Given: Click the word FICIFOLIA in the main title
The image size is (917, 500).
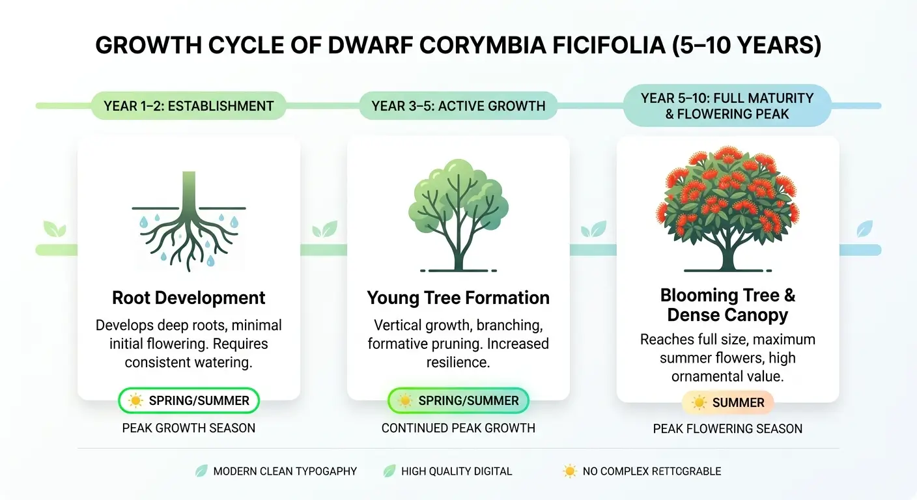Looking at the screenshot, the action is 609,45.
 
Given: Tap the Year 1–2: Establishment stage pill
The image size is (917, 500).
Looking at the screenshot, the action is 188,106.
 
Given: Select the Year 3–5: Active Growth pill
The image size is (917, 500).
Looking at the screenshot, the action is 458,106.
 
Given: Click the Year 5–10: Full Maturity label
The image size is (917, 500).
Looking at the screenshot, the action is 727,105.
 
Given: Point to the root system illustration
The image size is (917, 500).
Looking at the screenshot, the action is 189,221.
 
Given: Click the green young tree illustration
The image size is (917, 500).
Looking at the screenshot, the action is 458,215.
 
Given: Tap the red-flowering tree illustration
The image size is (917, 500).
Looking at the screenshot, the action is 727,209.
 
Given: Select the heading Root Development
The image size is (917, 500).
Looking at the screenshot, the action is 189,298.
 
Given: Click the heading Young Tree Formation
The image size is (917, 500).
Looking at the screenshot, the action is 458,298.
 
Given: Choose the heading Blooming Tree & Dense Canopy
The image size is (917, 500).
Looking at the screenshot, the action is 727,305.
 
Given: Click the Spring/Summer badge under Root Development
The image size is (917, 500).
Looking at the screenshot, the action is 189,400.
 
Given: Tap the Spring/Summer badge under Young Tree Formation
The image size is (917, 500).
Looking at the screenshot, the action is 458,400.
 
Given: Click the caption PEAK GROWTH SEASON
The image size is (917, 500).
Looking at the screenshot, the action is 189,428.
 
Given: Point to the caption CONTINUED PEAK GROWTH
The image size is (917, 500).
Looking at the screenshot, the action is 458,428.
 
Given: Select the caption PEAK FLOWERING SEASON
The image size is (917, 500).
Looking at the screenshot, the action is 727,429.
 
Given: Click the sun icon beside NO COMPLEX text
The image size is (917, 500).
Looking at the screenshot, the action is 569,471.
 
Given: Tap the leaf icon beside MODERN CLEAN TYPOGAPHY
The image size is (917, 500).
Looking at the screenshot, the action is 201,471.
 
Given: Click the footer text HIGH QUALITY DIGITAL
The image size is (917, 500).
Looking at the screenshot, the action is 457,471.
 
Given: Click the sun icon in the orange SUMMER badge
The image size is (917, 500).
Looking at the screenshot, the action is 699,402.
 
